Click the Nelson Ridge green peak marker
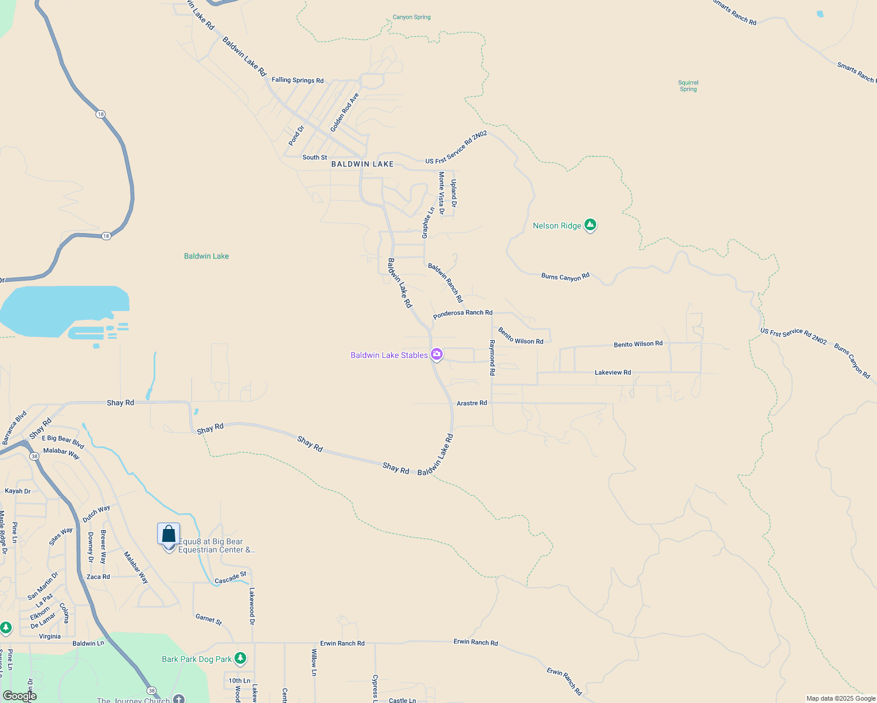pyautogui.click(x=590, y=225)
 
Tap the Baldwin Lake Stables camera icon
pyautogui.click(x=436, y=354)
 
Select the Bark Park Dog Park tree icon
pyautogui.click(x=240, y=658)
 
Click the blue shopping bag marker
pyautogui.click(x=169, y=534)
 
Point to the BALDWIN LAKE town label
pyautogui.click(x=362, y=164)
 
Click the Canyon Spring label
pyautogui.click(x=412, y=17)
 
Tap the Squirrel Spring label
pyautogui.click(x=688, y=86)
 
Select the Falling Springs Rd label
pyautogui.click(x=297, y=80)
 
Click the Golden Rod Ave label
pyautogui.click(x=344, y=112)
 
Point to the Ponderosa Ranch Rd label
pyautogui.click(x=463, y=314)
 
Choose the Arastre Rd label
pyautogui.click(x=471, y=403)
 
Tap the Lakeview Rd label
pyautogui.click(x=613, y=373)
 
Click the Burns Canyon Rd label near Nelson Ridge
pyautogui.click(x=565, y=277)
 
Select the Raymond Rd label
pyautogui.click(x=492, y=357)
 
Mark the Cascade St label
pyautogui.click(x=230, y=578)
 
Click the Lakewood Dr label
pyautogui.click(x=252, y=606)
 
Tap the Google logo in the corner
pyautogui.click(x=20, y=696)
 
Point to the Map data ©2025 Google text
pyautogui.click(x=841, y=698)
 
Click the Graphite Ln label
pyautogui.click(x=429, y=223)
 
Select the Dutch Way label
pyautogui.click(x=96, y=514)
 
